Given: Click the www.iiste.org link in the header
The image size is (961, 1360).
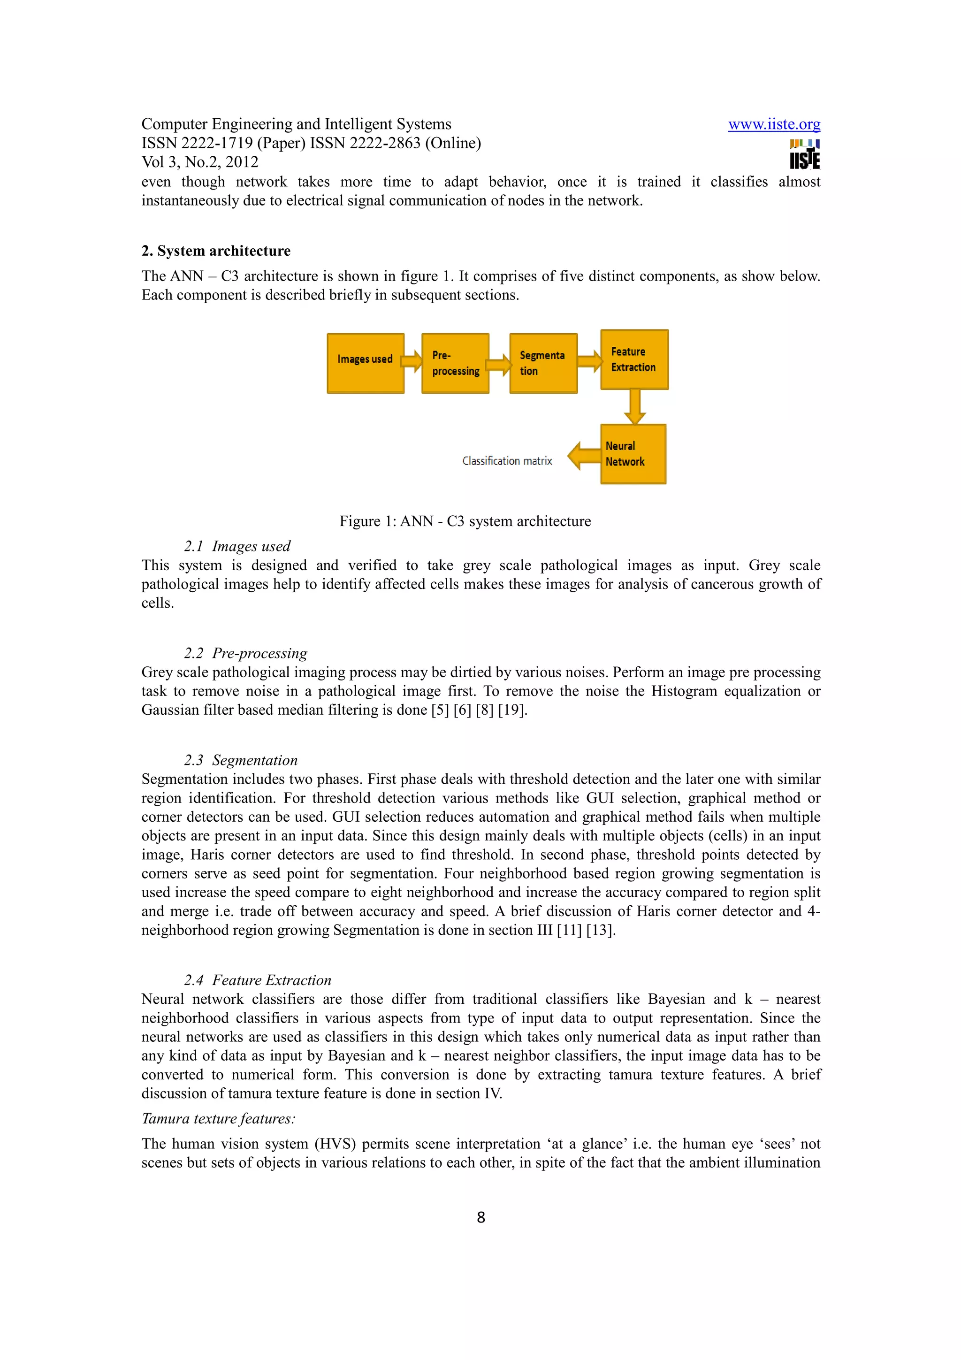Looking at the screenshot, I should pyautogui.click(x=774, y=124).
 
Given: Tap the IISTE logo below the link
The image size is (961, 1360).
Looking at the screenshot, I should pyautogui.click(x=804, y=154).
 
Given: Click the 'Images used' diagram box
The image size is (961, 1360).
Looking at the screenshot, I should pyautogui.click(x=366, y=363).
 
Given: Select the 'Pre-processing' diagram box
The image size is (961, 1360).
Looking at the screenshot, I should pyautogui.click(x=455, y=363).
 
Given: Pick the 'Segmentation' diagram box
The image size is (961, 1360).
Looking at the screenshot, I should pyautogui.click(x=543, y=363).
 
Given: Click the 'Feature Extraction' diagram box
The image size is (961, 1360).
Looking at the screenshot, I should pyautogui.click(x=634, y=359).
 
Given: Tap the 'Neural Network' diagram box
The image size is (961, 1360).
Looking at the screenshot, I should pyautogui.click(x=633, y=454).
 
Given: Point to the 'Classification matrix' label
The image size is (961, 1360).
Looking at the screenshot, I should pyautogui.click(x=507, y=461).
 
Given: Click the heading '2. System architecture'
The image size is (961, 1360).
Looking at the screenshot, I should pyautogui.click(x=215, y=251).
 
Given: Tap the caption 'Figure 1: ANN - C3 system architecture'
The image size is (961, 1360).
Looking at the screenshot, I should pyautogui.click(x=465, y=521).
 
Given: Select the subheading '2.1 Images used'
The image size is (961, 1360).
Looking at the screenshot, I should pyautogui.click(x=237, y=546).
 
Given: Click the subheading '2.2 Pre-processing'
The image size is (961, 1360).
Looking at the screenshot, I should pyautogui.click(x=245, y=653).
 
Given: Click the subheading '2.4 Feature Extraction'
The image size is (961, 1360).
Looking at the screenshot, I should pyautogui.click(x=257, y=980).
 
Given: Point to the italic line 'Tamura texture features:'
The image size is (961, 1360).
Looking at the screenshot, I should pyautogui.click(x=219, y=1118).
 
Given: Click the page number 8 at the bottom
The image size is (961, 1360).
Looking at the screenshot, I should pyautogui.click(x=481, y=1217).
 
